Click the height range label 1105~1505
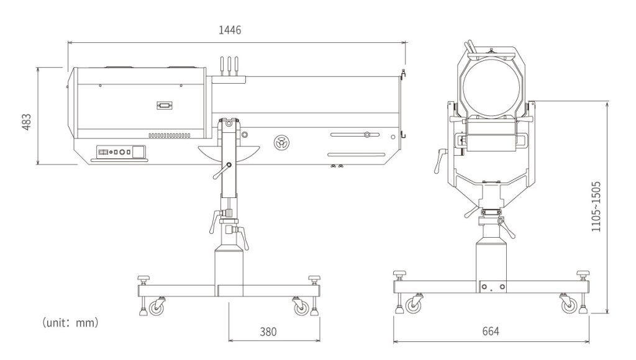pos(596,207)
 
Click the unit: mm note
pos(70,323)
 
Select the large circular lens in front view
pos(491,88)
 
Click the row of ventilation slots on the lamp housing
pos(169,135)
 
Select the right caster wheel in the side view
pos(301,307)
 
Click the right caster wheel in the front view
pos(568,305)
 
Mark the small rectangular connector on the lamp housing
pos(164,106)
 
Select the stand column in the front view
pos(490,261)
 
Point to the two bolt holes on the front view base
pos(491,287)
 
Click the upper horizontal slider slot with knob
pos(357,134)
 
